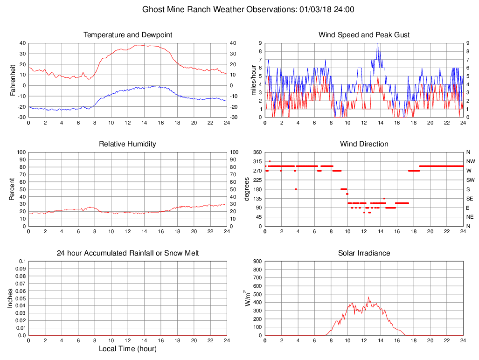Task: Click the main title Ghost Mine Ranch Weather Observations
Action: point(248,9)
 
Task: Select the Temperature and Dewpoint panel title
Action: point(128,35)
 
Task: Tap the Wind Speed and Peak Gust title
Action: point(364,35)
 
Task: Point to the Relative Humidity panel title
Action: point(128,144)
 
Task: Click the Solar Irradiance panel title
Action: point(364,253)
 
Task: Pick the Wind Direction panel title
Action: point(364,144)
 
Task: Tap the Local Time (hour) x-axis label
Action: point(128,348)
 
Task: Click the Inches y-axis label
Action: point(11,298)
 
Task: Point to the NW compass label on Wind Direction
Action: point(470,161)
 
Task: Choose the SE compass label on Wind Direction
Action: point(470,198)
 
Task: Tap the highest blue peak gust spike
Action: point(377,44)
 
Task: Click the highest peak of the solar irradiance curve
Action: point(368,298)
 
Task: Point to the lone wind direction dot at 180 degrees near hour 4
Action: point(296,189)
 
